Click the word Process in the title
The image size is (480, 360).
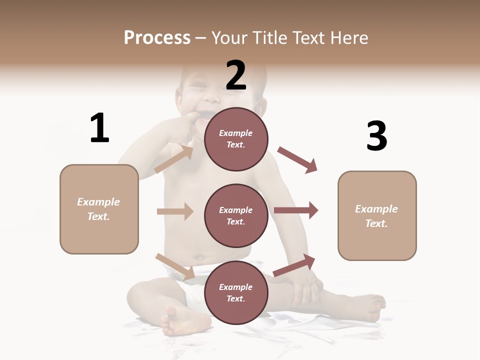pos(157,37)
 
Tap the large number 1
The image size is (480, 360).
pos(99,128)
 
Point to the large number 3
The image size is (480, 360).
pos(376,136)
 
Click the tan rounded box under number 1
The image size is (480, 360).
pos(99,209)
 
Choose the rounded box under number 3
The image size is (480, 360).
pos(377,215)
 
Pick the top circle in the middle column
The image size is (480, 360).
pos(236,138)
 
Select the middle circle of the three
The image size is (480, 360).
pos(236,215)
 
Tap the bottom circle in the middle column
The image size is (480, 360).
pos(236,292)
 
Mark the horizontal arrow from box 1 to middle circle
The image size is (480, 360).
pos(175,211)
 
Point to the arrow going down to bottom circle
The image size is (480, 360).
pos(175,266)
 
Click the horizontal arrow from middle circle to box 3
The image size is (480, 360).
pos(296,210)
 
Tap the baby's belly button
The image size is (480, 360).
pos(200,258)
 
